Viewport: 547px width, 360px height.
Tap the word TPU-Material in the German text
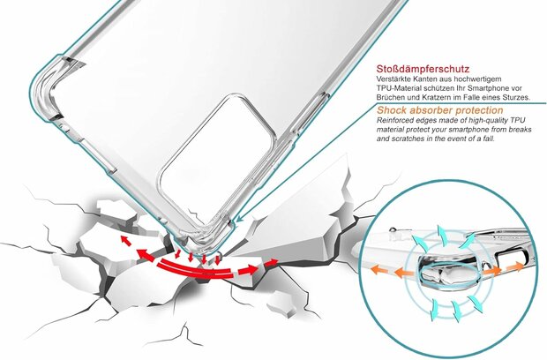coord(397,88)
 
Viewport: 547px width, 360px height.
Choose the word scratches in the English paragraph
coord(399,140)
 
